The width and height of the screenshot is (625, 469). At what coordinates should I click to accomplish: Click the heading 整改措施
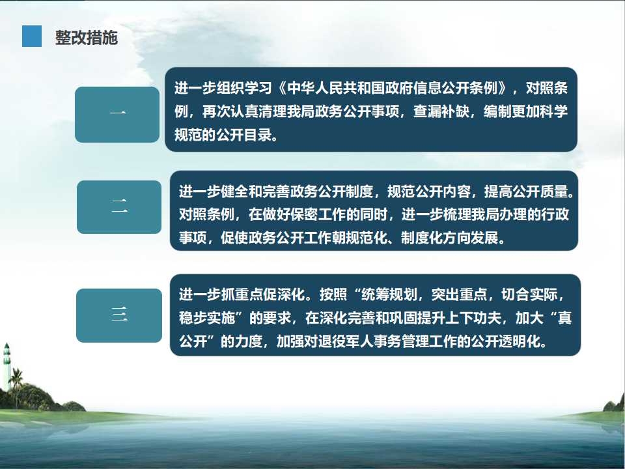pos(86,38)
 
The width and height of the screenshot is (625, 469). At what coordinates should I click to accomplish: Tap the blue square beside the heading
pos(32,36)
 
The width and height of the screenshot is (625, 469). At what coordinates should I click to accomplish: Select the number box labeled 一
pos(117,115)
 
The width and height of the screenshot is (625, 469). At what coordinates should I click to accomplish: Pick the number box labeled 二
pos(119,207)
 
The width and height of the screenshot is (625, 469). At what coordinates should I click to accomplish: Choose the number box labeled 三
pos(119,315)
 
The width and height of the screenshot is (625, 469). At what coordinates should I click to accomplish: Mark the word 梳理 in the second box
pos(457,214)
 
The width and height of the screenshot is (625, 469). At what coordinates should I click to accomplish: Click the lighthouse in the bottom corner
pos(7,367)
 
